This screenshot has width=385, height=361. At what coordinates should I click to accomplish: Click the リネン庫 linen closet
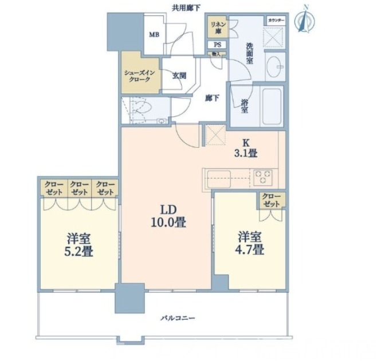[217, 27]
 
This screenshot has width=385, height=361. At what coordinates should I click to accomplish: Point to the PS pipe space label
[217, 45]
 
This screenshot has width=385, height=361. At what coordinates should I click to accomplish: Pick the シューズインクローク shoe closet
[139, 77]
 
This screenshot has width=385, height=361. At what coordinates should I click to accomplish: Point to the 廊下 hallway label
[212, 98]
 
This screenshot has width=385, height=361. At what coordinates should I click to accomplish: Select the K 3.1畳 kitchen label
[245, 147]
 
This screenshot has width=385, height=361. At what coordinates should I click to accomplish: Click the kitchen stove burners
[264, 176]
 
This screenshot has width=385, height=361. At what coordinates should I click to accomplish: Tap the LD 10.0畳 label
[168, 215]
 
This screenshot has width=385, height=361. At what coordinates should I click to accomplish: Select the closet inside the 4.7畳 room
[272, 201]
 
